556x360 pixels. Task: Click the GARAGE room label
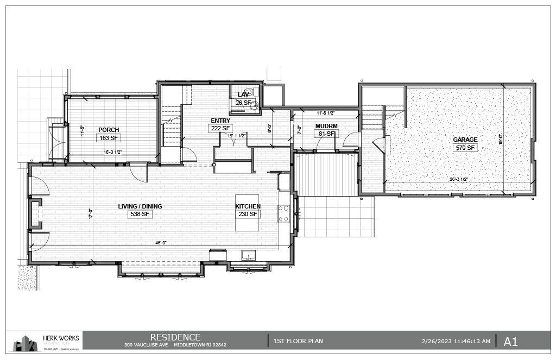point(465,140)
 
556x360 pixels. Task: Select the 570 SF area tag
point(465,148)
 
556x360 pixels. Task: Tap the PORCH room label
point(109,130)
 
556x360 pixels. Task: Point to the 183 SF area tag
point(109,138)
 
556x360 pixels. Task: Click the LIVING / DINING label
point(140,206)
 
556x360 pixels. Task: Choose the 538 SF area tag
point(140,214)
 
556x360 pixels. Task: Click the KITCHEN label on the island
point(248,206)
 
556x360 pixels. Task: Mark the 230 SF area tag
point(248,214)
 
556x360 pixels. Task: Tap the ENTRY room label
point(220,121)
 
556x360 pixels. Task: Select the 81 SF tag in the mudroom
point(327,134)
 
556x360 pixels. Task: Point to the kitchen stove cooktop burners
point(283,213)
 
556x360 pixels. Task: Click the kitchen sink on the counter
point(248,255)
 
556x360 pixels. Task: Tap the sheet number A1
point(510,342)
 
